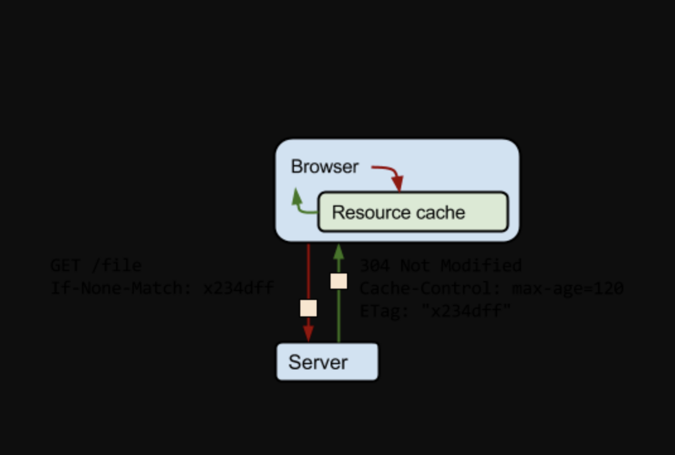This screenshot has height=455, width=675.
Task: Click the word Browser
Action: (324, 167)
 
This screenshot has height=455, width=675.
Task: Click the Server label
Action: (318, 362)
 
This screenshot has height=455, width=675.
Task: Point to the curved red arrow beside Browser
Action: (387, 173)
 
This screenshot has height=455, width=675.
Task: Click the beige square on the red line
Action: (308, 308)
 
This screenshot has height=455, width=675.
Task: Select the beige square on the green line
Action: (339, 281)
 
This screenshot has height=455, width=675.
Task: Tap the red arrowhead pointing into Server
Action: (308, 333)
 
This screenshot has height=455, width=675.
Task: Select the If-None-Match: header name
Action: (122, 289)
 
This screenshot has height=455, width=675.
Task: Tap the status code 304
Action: (375, 266)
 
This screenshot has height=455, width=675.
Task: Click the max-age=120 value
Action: (568, 289)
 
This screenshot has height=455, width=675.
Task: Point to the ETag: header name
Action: (385, 311)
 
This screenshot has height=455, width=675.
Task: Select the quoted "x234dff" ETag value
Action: (466, 311)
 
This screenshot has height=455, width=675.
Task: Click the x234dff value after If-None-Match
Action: (238, 289)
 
